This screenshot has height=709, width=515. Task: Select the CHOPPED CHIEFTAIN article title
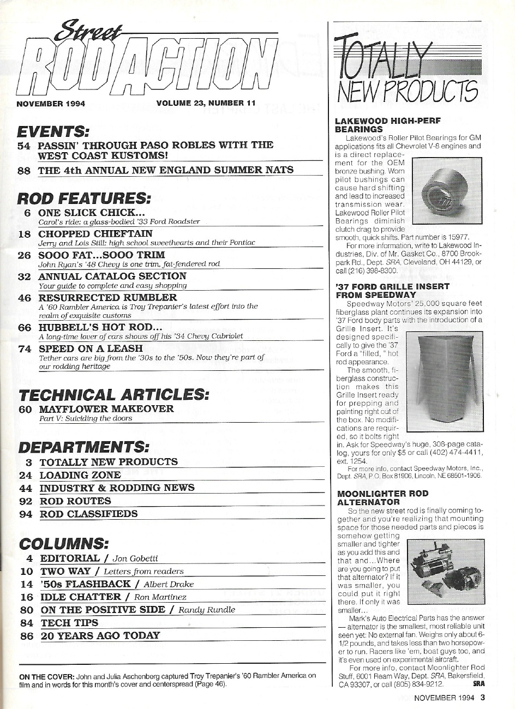point(95,233)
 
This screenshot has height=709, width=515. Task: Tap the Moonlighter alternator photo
point(446,569)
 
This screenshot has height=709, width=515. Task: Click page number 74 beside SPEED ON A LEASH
point(25,349)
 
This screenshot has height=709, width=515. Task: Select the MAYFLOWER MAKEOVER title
point(106,408)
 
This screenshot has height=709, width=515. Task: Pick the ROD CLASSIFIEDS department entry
point(89,514)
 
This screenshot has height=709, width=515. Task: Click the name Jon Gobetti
point(135,558)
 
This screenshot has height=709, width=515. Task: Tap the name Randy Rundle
point(207,610)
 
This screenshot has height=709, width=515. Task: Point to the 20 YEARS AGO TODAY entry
point(100,635)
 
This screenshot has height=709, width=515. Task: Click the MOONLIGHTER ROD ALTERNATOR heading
point(382,497)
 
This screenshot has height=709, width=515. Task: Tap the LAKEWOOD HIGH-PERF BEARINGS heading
point(388,125)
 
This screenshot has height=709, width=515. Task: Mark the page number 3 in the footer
point(482,697)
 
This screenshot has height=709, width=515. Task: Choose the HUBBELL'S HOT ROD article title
point(100,327)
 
